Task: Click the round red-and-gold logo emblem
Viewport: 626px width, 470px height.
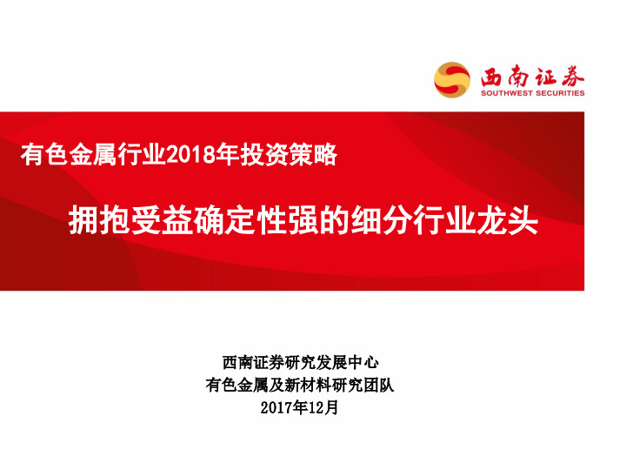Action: (451, 79)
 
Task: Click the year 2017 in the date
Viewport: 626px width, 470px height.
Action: (276, 406)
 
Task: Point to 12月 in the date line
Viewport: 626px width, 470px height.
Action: (323, 406)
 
